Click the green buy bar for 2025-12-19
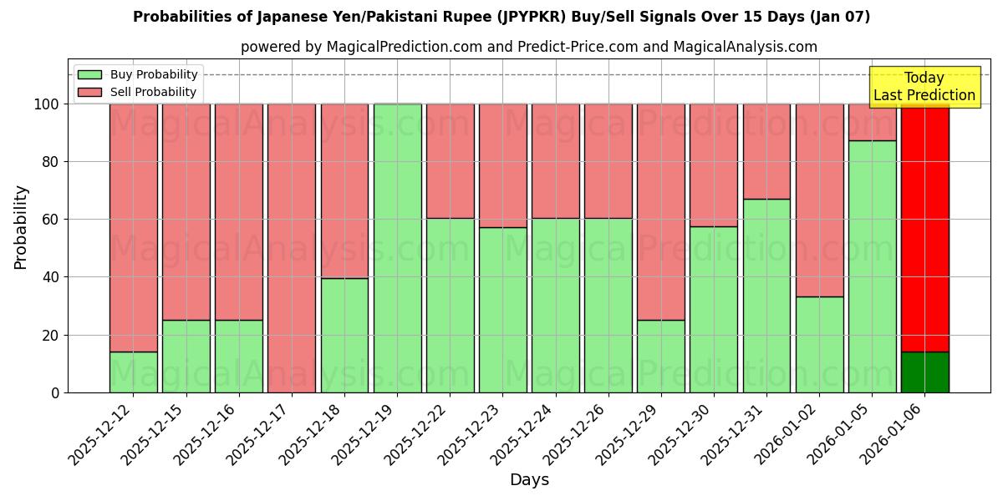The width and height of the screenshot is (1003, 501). [x=397, y=248]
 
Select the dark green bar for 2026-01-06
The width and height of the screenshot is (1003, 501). [x=924, y=372]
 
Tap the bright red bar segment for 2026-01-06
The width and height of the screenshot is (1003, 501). [x=924, y=227]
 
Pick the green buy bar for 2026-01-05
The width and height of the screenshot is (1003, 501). [x=872, y=266]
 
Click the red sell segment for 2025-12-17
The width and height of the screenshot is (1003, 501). [x=292, y=248]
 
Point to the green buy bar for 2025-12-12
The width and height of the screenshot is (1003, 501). [x=134, y=372]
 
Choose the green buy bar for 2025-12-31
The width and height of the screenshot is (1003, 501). [x=766, y=296]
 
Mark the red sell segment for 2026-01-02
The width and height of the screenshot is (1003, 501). [x=819, y=200]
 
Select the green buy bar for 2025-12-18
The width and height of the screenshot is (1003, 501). [x=344, y=335]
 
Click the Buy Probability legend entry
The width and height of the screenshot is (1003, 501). [x=154, y=74]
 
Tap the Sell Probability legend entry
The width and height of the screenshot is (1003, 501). [x=153, y=92]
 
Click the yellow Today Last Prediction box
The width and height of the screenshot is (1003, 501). [x=924, y=87]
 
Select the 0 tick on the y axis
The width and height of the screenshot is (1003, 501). [x=55, y=392]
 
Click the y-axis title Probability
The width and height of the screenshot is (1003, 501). [x=21, y=227]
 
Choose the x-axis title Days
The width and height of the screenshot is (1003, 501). [x=529, y=480]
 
